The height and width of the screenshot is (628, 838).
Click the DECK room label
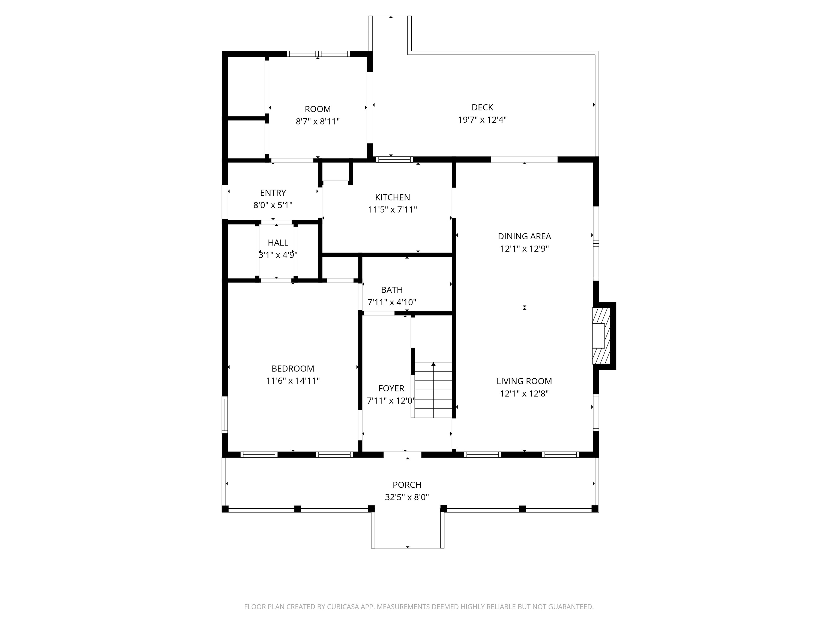click(482, 107)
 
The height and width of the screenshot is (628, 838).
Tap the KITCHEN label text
click(393, 197)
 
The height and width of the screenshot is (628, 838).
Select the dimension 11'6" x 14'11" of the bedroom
click(293, 381)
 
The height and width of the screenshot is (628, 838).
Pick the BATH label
click(392, 290)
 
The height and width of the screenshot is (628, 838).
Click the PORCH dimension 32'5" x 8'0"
click(407, 497)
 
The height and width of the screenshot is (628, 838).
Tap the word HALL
click(278, 243)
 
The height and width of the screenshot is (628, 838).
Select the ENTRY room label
click(273, 193)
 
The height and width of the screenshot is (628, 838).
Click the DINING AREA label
click(524, 236)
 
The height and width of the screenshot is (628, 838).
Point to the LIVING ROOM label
click(524, 381)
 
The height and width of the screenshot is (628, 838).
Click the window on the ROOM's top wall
click(318, 54)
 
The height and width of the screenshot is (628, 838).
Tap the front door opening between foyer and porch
click(402, 455)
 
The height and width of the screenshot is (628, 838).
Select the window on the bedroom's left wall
click(225, 415)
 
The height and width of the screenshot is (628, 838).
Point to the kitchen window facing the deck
click(394, 159)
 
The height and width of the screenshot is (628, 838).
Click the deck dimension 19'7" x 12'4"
click(482, 120)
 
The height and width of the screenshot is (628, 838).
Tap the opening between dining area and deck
click(524, 159)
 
